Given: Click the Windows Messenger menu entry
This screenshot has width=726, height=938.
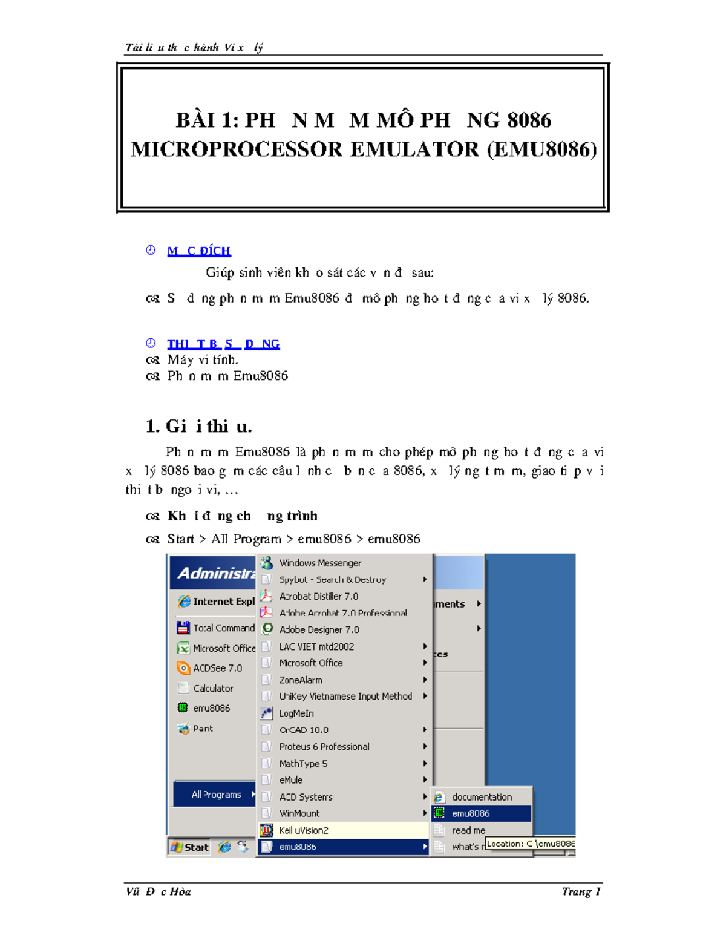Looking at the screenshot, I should tap(319, 563).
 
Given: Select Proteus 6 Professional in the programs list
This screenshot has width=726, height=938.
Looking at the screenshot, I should tap(324, 747).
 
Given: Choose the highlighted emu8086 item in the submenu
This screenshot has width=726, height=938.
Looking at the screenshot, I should tap(470, 813).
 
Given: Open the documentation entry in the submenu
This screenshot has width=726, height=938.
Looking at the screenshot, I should tap(481, 797).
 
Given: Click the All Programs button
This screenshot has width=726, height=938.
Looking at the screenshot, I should tap(216, 795).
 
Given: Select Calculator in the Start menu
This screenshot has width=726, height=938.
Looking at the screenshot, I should tap(212, 688).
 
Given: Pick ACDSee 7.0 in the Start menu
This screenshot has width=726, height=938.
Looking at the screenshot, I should tap(217, 668).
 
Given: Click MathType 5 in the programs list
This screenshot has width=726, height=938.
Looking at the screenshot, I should tap(303, 764).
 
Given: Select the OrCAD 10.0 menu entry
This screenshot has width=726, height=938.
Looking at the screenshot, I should tap(303, 730).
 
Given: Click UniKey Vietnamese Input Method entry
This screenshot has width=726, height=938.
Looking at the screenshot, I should tap(345, 697).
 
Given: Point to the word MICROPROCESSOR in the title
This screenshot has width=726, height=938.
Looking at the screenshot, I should tap(237, 149).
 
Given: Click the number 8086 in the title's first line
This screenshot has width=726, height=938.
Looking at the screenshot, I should tap(529, 120).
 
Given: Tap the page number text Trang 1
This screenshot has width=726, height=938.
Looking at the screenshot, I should tap(581, 891).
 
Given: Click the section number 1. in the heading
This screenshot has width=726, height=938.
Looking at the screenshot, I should tap(152, 427).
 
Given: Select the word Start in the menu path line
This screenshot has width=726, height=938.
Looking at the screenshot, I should tap(180, 539).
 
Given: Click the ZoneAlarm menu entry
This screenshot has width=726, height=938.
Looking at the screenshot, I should tap(300, 680).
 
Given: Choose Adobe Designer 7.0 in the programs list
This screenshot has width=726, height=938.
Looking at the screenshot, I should tap(319, 629).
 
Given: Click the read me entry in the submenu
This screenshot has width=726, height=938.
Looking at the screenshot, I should tap(468, 830).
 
